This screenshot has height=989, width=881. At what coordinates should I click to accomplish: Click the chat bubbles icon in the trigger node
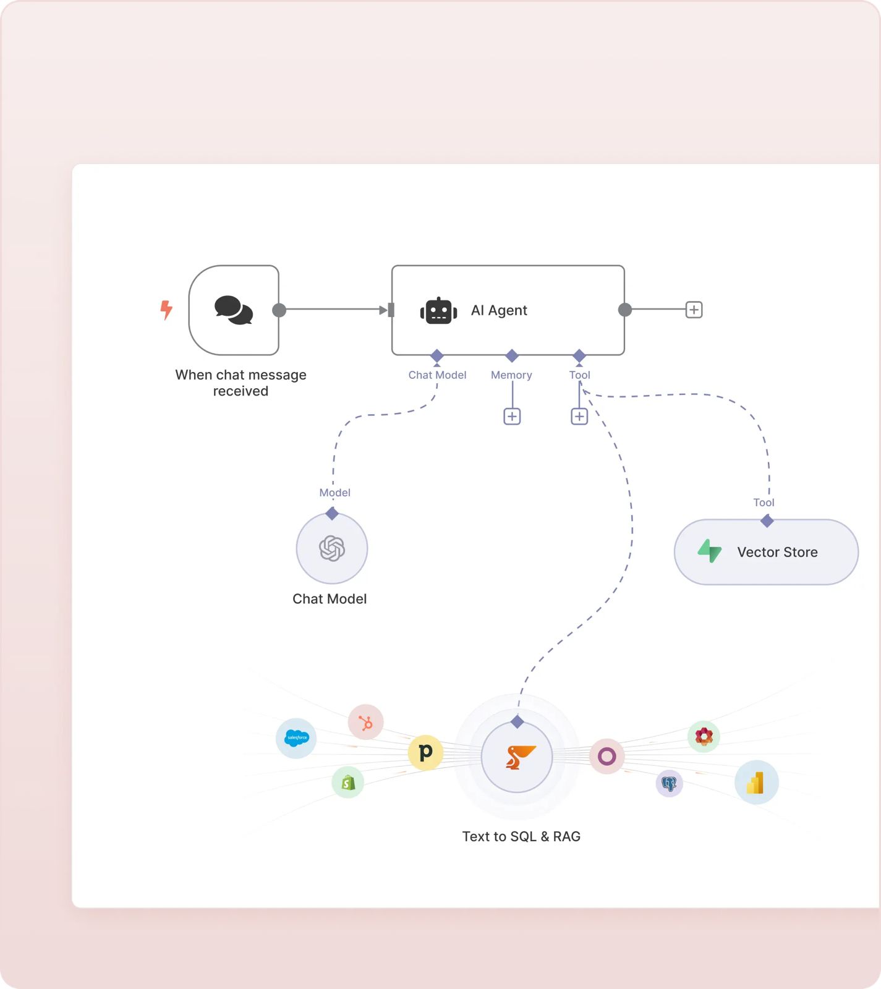[234, 310]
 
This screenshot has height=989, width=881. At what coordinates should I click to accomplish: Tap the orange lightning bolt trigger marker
[166, 309]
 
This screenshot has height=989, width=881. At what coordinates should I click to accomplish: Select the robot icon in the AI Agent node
[438, 310]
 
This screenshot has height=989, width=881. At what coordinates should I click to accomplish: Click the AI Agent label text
[499, 310]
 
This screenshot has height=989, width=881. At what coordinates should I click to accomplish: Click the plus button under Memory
[512, 417]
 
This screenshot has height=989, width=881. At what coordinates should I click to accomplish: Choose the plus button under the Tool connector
[579, 417]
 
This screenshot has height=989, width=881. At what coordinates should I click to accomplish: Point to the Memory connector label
[511, 375]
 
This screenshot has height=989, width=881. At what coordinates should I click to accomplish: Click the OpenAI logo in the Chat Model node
[332, 548]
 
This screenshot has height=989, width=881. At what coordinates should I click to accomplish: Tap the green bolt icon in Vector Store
[710, 551]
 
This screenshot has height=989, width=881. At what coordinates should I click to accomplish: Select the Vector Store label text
[777, 552]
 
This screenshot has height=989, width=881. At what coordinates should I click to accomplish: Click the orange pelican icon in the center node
[518, 757]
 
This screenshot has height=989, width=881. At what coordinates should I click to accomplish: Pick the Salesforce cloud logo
[297, 737]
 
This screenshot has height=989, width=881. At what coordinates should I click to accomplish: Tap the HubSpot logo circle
[366, 722]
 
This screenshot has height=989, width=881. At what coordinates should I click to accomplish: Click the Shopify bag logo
[348, 783]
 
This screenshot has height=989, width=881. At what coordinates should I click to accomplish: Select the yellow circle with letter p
[425, 752]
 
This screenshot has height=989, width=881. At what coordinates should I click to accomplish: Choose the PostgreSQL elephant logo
[669, 784]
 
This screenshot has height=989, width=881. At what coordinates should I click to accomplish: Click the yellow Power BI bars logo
[755, 783]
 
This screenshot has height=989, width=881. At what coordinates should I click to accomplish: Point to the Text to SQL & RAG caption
[521, 836]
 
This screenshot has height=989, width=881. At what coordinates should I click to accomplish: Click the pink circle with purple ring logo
[606, 756]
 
